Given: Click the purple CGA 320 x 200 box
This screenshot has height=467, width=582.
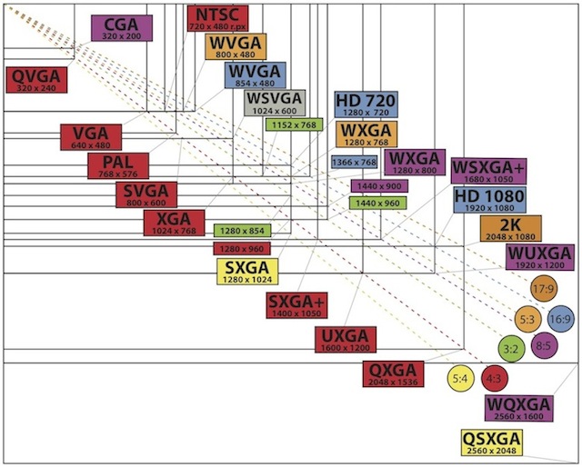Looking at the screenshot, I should [122, 28].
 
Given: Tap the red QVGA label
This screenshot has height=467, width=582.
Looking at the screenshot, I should [35, 79].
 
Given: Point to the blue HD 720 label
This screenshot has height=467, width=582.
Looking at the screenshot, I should [363, 105].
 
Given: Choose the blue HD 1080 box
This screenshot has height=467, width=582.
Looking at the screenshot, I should [484, 200].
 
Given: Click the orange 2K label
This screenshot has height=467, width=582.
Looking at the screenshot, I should [510, 228].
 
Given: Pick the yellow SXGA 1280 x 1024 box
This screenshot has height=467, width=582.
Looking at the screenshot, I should [246, 272].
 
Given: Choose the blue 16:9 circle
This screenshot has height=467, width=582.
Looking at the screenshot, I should [561, 319].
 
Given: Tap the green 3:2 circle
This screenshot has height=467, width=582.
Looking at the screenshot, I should [511, 347].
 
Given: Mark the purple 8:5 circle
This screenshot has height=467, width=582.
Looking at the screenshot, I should [545, 346].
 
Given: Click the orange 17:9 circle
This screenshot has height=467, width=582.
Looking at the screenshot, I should [544, 290].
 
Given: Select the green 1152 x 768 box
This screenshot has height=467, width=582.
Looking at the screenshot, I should [294, 124].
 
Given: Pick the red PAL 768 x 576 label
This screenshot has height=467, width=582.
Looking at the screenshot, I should [118, 166].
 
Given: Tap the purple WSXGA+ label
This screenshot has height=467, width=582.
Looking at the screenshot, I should [487, 171].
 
